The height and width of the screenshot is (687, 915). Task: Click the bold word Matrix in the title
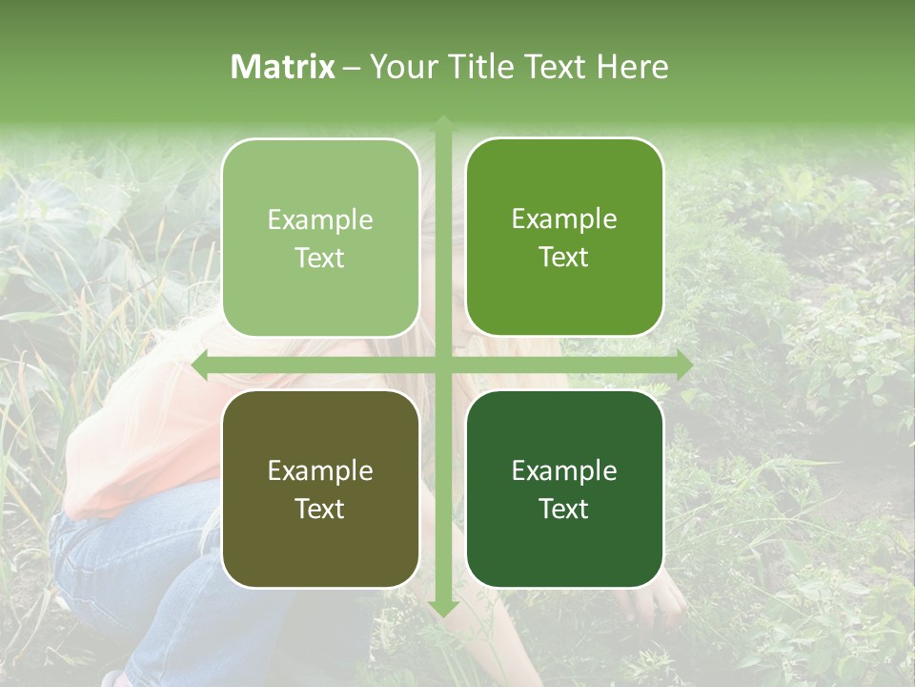tap(283, 67)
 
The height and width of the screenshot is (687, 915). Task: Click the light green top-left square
tap(320, 238)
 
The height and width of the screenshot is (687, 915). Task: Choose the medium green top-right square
tap(564, 238)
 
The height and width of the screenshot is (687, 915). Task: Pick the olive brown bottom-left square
tap(320, 489)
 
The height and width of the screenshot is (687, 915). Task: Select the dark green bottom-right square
tap(564, 489)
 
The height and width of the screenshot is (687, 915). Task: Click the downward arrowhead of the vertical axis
tap(442, 608)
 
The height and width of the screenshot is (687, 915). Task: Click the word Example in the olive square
tap(320, 470)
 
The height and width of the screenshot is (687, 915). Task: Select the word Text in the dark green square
tap(564, 509)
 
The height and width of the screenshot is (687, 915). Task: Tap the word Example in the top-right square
tap(564, 219)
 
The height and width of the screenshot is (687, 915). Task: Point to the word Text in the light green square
tap(320, 258)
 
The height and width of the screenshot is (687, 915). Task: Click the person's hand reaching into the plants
tap(658, 601)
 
